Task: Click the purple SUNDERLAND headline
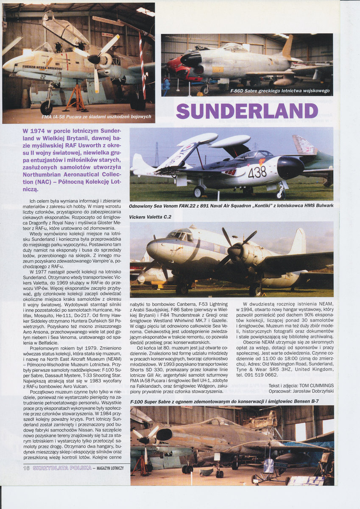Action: tap(247, 111)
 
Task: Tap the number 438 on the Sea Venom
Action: tap(257, 171)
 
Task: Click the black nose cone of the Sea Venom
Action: tap(290, 167)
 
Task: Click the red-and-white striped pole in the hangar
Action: tap(142, 68)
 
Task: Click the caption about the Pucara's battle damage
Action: tap(96, 117)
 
